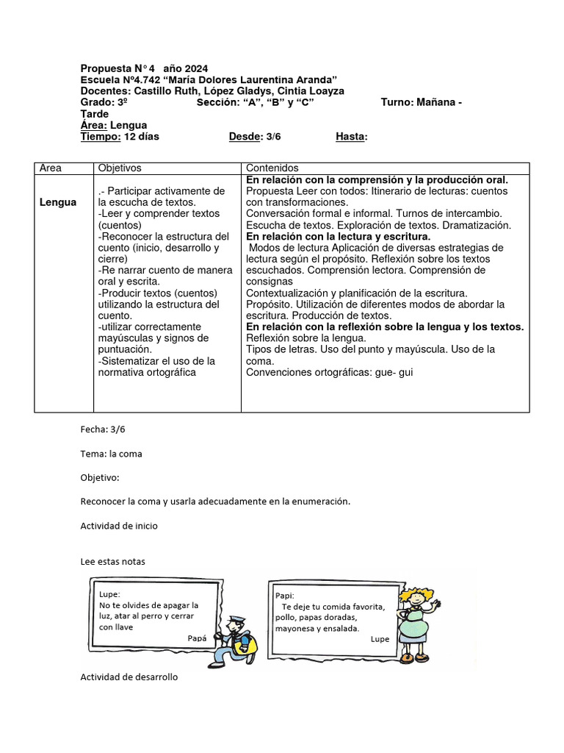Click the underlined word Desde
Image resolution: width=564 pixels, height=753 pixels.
(245, 136)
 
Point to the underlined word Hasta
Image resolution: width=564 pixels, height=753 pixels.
(350, 136)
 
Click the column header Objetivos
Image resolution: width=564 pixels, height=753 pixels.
(120, 168)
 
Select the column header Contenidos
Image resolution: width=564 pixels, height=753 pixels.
(272, 168)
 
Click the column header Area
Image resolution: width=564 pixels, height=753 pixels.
(51, 168)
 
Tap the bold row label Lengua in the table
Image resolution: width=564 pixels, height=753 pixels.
(59, 202)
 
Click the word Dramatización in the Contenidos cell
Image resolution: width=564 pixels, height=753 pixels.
(475, 225)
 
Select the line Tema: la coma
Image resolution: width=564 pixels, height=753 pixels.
(112, 454)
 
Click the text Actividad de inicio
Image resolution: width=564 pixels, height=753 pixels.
(119, 526)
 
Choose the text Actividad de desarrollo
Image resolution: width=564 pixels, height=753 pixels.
(129, 677)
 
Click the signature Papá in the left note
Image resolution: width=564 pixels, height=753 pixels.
(198, 638)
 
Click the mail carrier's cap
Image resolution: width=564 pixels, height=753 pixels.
(239, 621)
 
